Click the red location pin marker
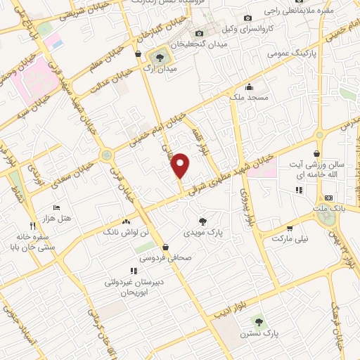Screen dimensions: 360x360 coord(181,165)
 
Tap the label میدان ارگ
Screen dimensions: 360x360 coord(157,70)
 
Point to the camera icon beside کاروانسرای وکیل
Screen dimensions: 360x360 coord(247,18)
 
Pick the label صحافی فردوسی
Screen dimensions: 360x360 coord(165,258)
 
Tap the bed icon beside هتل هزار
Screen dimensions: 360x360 coord(57,208)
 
